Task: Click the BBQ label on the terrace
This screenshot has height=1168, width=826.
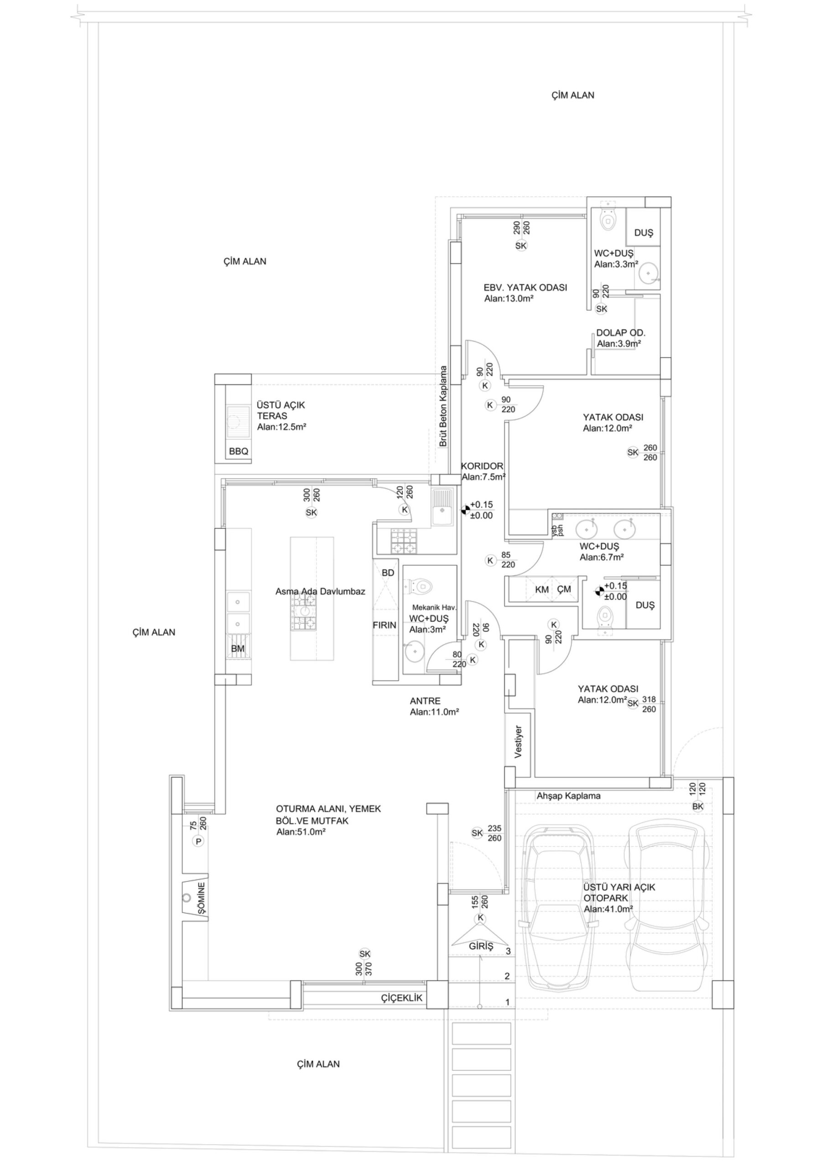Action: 239,451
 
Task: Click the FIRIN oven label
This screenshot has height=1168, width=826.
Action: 384,625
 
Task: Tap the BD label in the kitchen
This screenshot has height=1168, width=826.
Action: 388,573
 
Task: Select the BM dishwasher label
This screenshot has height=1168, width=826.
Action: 238,649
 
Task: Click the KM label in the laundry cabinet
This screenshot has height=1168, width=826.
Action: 542,589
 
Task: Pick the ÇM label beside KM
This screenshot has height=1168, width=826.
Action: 564,589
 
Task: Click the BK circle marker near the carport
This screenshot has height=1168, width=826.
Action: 698,806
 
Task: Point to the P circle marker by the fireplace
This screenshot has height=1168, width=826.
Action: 199,841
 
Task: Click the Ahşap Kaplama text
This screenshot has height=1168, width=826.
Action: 568,796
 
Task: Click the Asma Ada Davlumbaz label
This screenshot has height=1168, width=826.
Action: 321,592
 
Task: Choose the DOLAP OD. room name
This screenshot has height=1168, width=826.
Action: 620,333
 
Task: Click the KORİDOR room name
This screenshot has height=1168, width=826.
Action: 482,466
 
